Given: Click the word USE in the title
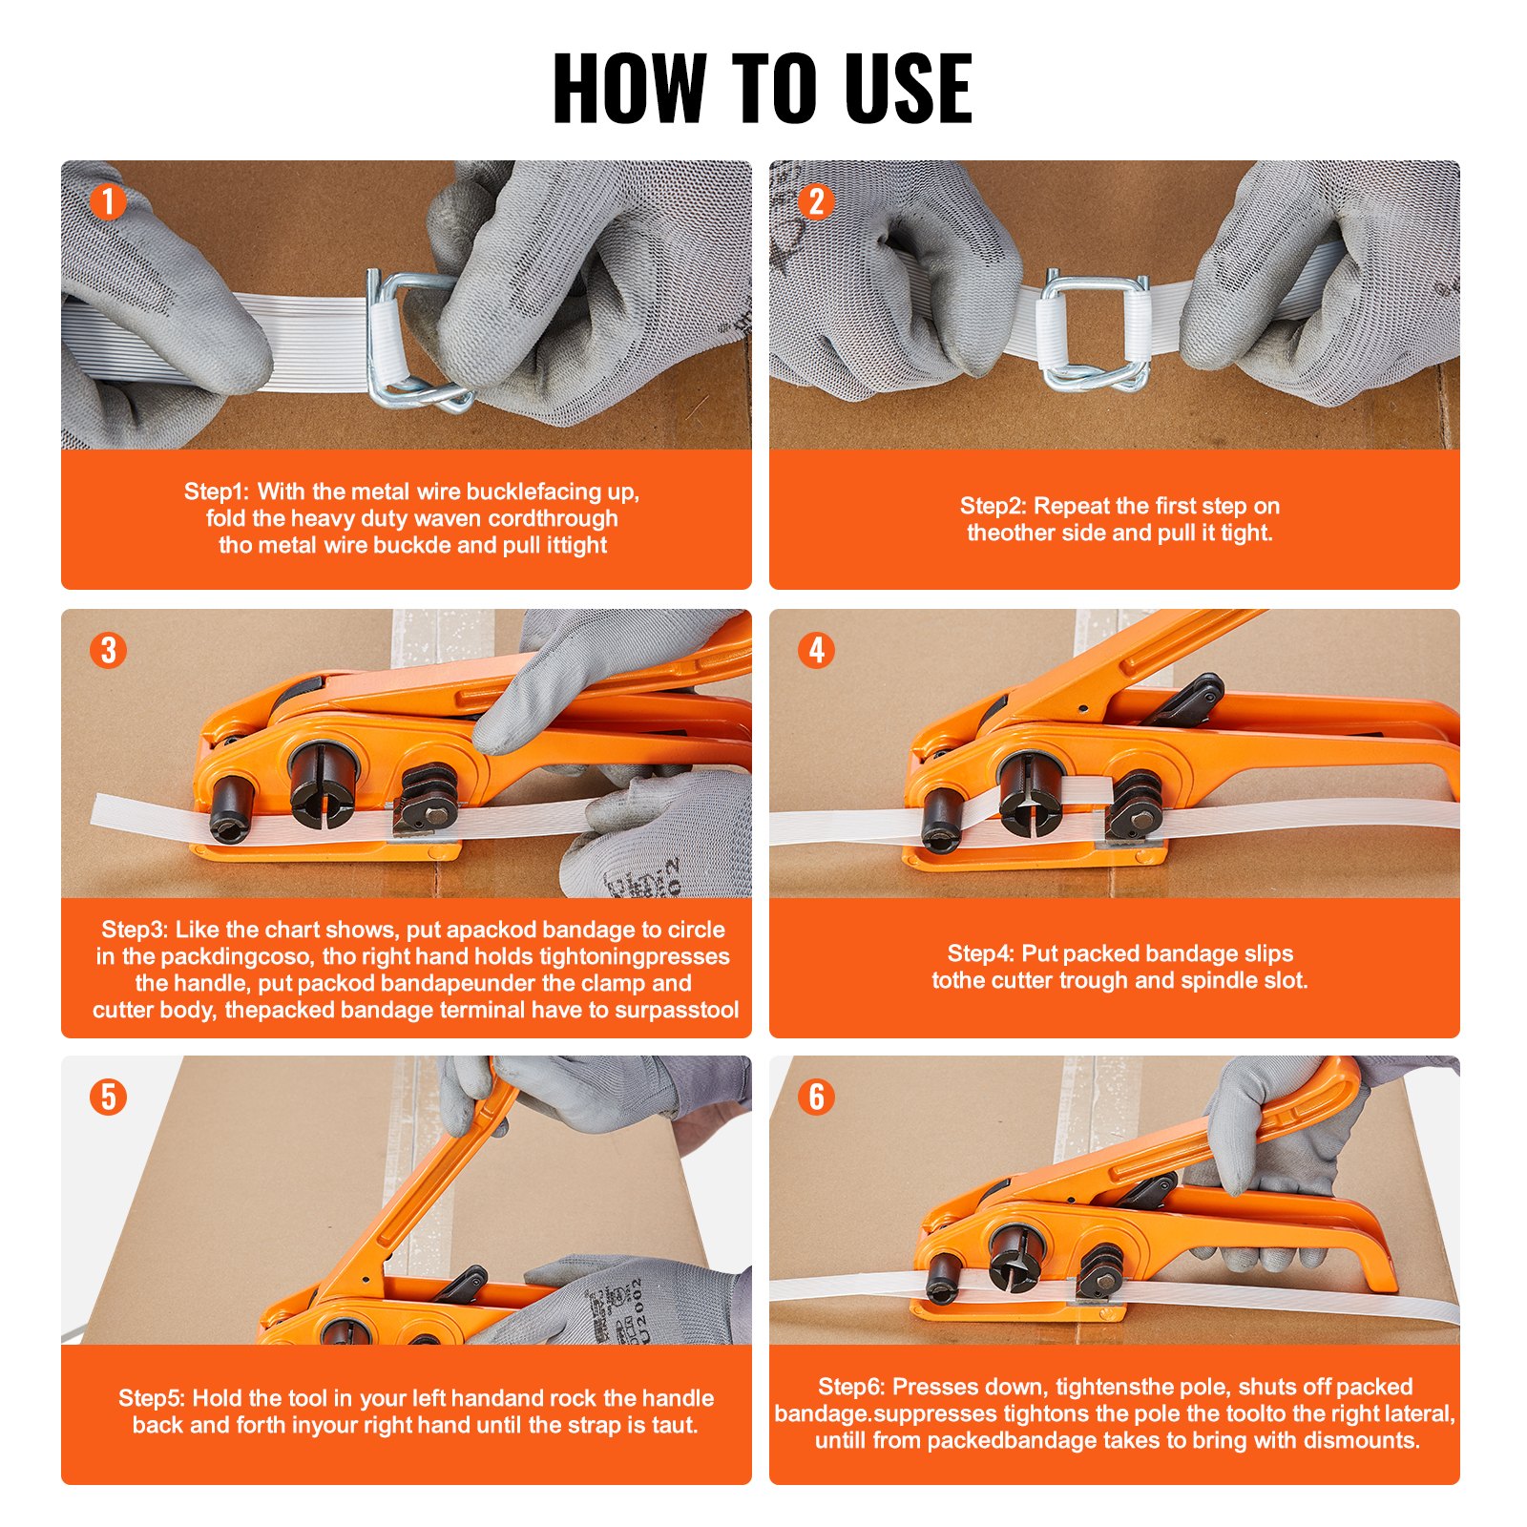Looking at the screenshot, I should coord(908,89).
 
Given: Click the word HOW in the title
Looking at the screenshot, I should coord(630,89).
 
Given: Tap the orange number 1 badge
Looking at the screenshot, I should coord(108,201).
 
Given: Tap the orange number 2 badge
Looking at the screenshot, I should coord(816,201).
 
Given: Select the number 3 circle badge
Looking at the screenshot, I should coord(108,650).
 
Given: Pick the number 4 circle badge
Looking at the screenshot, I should coord(816,650).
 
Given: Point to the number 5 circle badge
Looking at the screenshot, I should coord(108,1097).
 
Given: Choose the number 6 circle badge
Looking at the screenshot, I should coord(816,1097).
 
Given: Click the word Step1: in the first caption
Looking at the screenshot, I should coord(216,492).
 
